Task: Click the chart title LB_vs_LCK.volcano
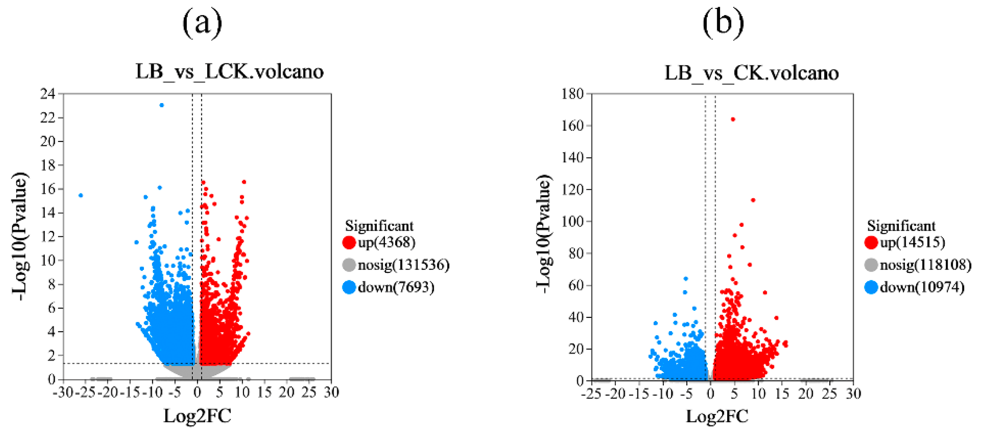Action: click(x=229, y=71)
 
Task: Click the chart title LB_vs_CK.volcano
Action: click(x=751, y=72)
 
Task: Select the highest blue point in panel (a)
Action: click(x=162, y=105)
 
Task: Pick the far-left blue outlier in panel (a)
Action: click(x=81, y=195)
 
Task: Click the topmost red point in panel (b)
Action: click(x=733, y=119)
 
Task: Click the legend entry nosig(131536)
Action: click(x=403, y=264)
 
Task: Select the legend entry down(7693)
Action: click(x=396, y=287)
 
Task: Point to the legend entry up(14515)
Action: click(x=912, y=242)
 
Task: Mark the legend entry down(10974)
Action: click(x=922, y=287)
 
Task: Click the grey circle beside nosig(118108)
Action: click(x=871, y=264)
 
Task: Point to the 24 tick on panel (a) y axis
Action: click(x=48, y=94)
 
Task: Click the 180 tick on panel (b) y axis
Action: click(x=572, y=94)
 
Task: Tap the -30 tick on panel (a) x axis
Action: click(x=63, y=392)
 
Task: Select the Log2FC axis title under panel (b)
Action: click(x=717, y=416)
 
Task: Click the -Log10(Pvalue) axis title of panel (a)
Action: click(x=20, y=236)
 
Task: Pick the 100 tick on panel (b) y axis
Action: click(x=572, y=221)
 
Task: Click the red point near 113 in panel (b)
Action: click(x=753, y=200)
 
